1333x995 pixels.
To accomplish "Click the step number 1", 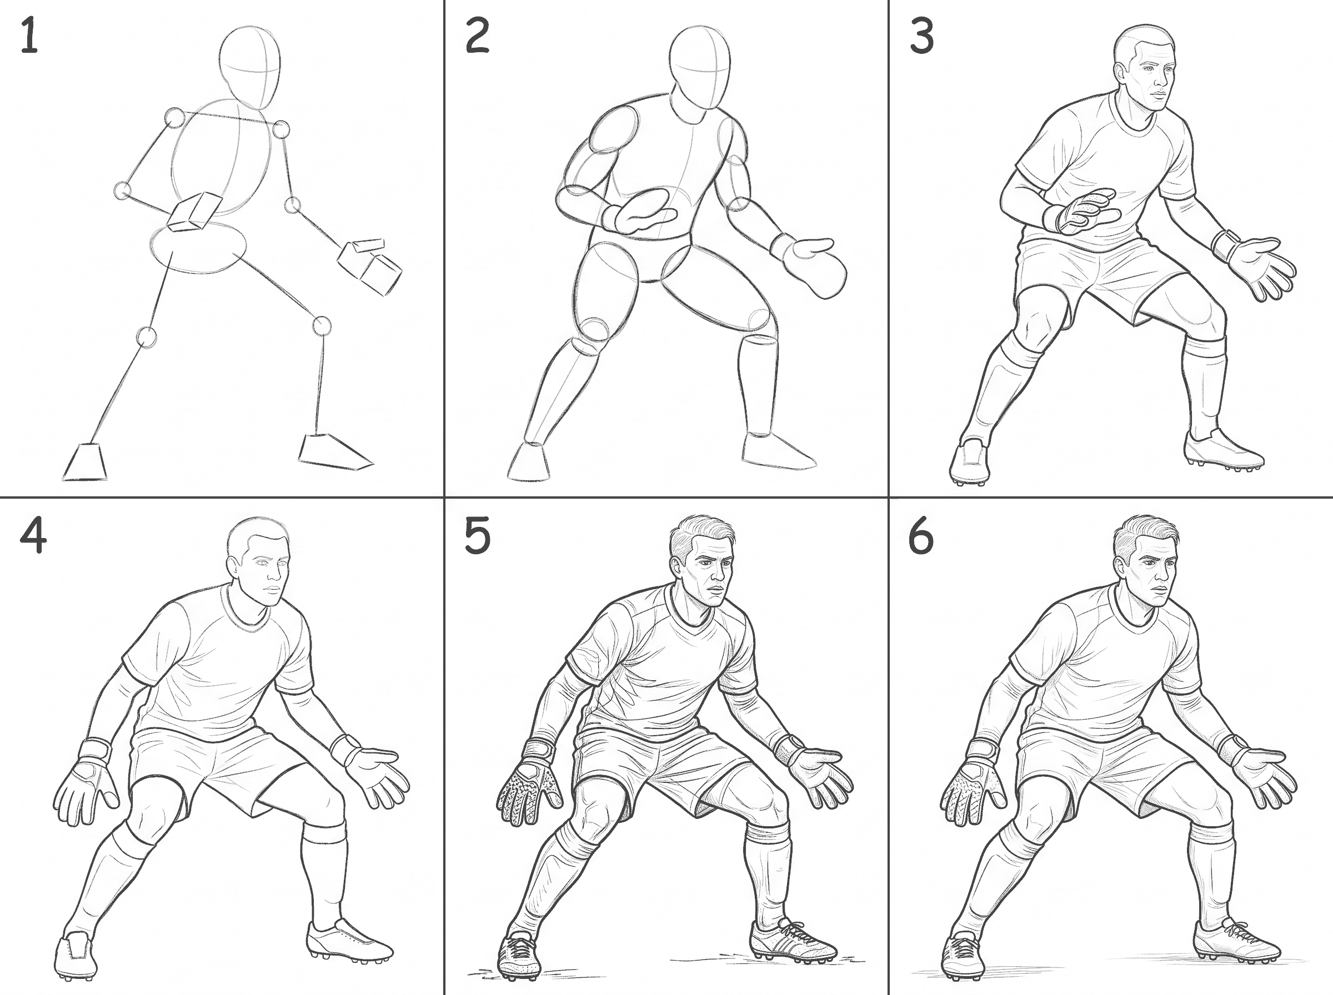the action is pos(29,36).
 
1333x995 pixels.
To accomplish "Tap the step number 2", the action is pos(477,36).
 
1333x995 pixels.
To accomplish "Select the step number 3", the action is pos(921,36).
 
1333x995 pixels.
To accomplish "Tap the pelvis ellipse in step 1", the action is pos(198,248).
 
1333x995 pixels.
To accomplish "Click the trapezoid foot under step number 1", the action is pos(86,462).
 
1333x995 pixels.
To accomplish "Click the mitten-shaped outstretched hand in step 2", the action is pos(810,265).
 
